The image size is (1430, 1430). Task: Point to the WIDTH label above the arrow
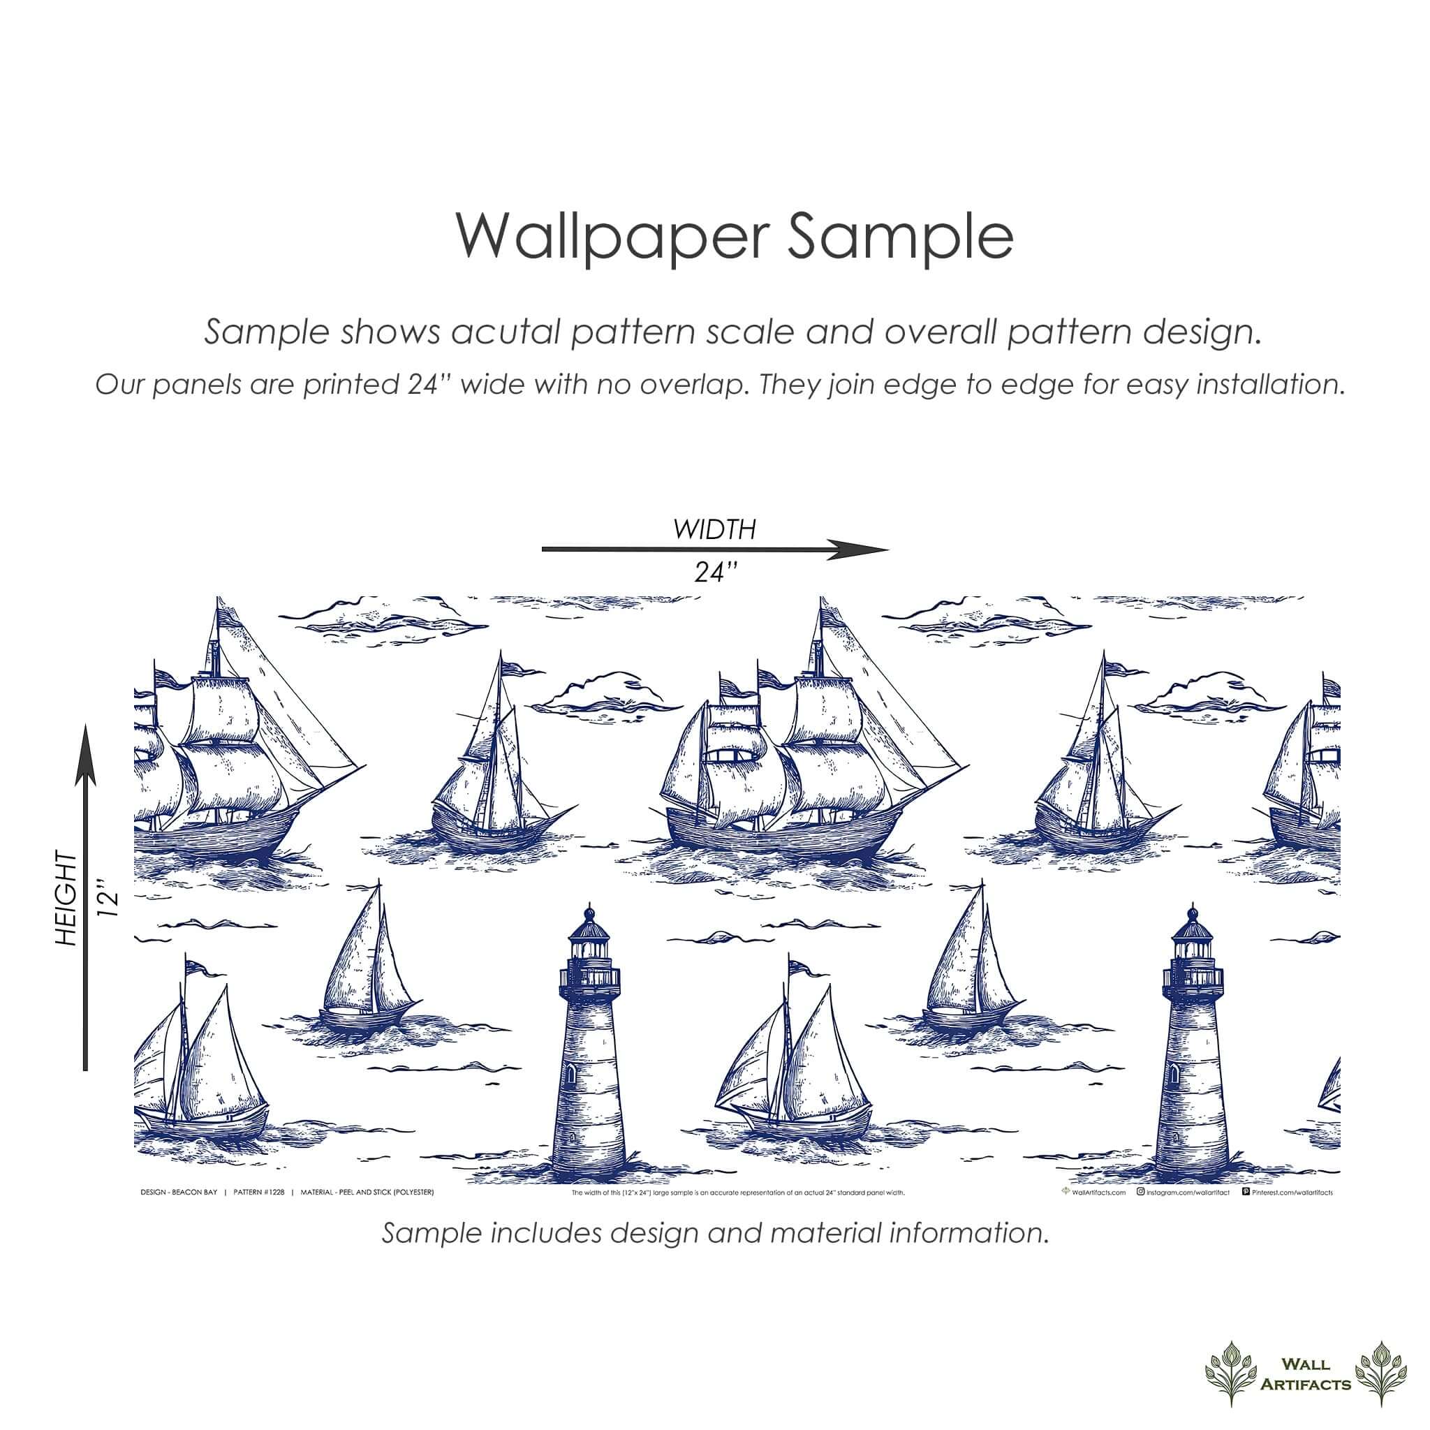(714, 530)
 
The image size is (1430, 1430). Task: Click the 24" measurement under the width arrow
(715, 572)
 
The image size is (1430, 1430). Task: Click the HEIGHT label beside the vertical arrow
(66, 899)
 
